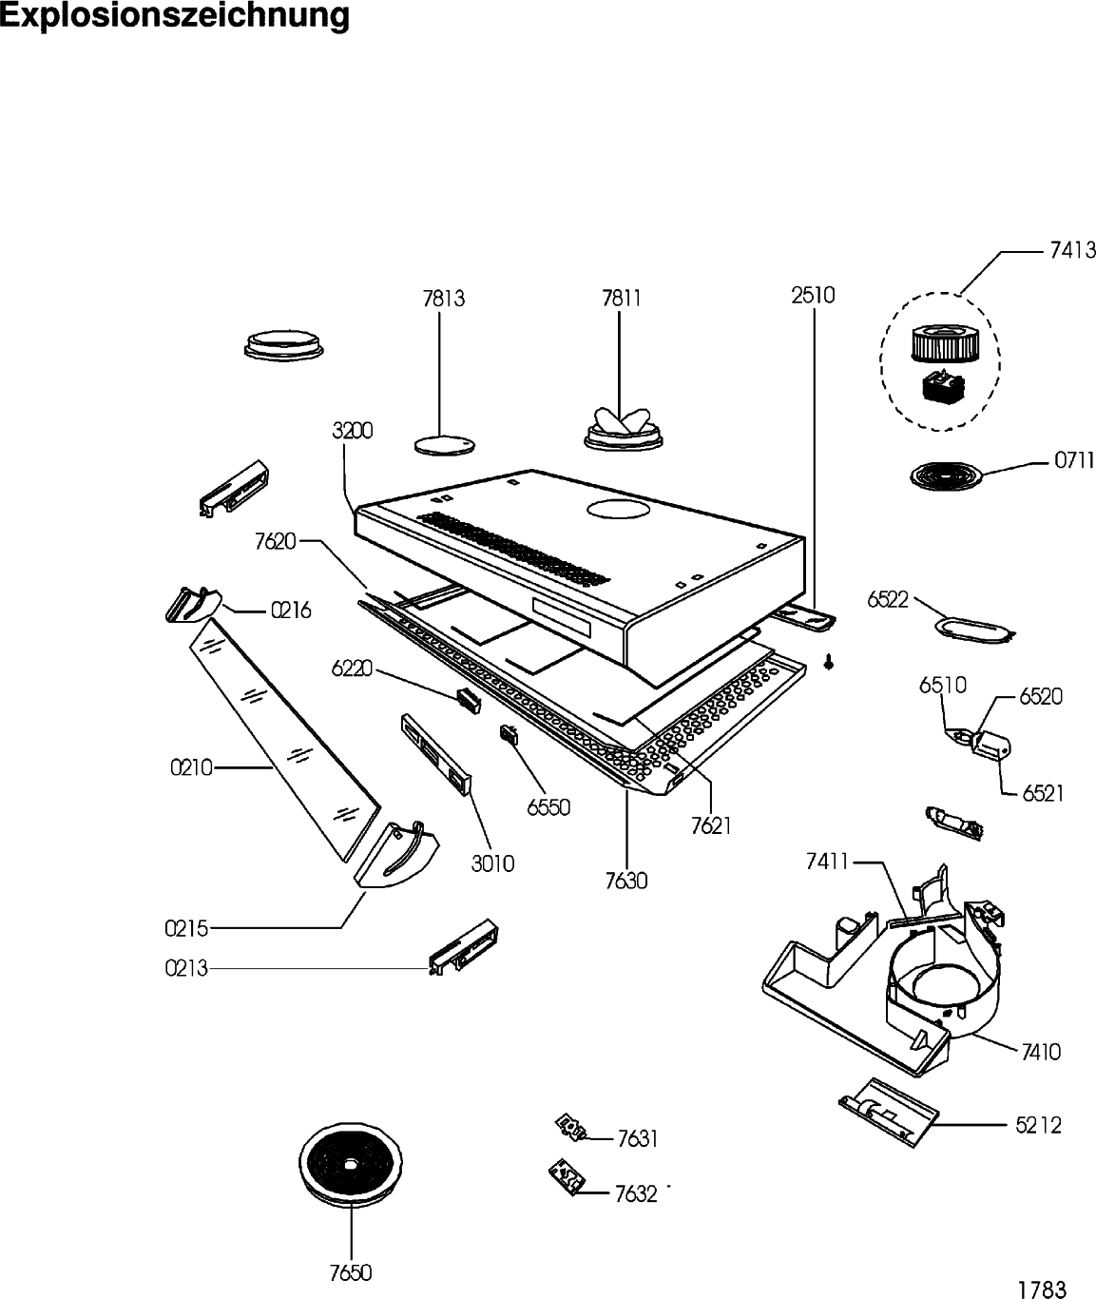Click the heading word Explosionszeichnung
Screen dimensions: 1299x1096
pos(175,16)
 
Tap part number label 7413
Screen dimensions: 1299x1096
pos(1072,251)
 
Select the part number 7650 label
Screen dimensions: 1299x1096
pos(351,1273)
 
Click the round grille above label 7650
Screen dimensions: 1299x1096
pos(350,1164)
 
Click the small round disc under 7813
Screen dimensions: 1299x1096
pos(443,443)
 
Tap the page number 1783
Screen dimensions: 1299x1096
pos(1042,1290)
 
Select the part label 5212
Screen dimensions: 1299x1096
pos(1038,1126)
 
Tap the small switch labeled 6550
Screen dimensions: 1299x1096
pos(510,733)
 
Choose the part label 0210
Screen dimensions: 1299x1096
pos(191,766)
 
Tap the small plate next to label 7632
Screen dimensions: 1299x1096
pos(566,1179)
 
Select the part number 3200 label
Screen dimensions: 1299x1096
pos(353,431)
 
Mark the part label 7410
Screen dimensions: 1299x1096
pos(1041,1052)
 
